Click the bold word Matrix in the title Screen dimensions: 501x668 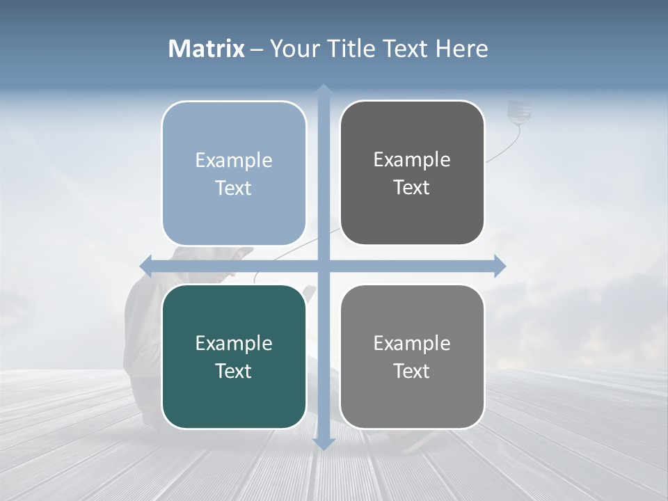[207, 49]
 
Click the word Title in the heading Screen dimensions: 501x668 [353, 49]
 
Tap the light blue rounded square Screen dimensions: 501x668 [234, 173]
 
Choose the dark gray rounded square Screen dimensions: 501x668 [412, 173]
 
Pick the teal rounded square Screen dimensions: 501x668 [234, 357]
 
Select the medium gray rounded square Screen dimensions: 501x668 [412, 357]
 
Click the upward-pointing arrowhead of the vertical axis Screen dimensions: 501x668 [324, 90]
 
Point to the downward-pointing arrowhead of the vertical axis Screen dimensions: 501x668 [324, 443]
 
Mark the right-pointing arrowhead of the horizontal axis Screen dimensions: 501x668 [500, 266]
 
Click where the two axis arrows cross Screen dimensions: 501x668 [324, 266]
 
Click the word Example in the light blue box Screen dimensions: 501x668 [234, 161]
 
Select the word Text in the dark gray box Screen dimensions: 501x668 [412, 188]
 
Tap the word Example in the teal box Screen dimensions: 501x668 [234, 344]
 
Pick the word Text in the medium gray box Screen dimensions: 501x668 [412, 371]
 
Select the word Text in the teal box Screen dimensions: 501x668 [234, 371]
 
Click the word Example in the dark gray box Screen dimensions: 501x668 [412, 160]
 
